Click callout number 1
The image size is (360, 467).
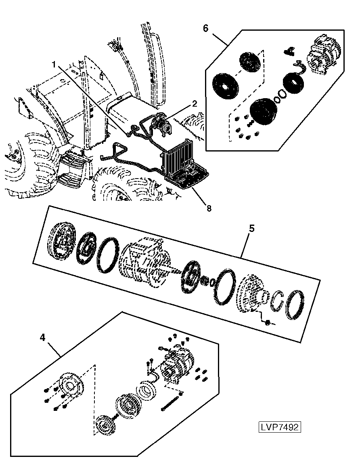[x=54, y=64]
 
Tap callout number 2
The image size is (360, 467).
[x=194, y=104]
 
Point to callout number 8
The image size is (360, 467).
[x=209, y=208]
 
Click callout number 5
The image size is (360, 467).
[x=252, y=229]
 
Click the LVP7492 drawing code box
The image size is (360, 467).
[x=279, y=427]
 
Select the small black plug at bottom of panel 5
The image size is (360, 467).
[x=267, y=322]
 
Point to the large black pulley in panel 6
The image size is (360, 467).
[x=264, y=111]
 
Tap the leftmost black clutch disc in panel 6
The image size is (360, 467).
[x=225, y=86]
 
